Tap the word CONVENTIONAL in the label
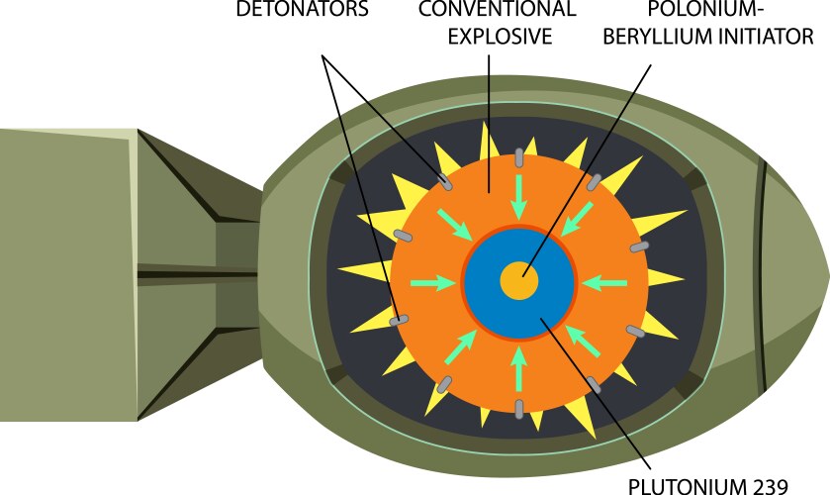click(497, 10)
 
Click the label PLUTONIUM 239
click(708, 485)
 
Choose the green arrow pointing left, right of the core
click(604, 283)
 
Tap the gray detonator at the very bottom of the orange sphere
click(519, 407)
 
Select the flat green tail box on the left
click(64, 272)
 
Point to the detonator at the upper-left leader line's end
click(446, 183)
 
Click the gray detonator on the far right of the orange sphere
click(641, 245)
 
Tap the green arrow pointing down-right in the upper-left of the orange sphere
click(457, 225)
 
